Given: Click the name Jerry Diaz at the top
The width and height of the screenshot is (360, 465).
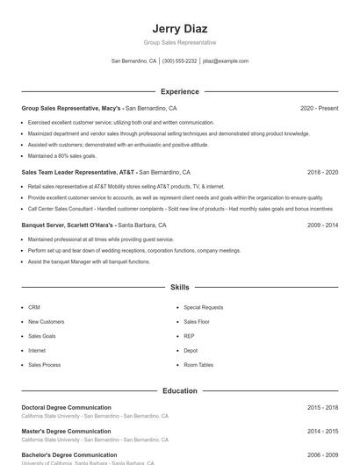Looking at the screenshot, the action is click(179, 28).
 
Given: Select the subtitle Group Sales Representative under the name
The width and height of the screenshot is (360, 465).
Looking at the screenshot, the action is click(179, 42).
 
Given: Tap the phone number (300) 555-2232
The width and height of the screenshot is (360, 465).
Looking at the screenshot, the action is click(179, 61).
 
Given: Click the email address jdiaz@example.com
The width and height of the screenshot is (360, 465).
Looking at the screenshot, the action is click(226, 61).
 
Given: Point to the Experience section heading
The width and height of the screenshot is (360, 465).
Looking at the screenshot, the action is click(179, 91).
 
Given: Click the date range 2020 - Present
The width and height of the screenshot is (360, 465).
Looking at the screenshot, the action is click(319, 108).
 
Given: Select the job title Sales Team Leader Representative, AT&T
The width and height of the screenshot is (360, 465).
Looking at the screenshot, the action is click(79, 172).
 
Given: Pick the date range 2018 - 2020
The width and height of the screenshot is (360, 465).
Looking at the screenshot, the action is click(322, 172).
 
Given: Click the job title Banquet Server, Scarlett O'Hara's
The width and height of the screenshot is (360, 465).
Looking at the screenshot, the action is click(68, 225).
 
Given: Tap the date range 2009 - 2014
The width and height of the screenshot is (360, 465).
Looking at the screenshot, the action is click(322, 225).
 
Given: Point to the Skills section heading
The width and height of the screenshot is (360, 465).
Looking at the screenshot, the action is click(179, 287).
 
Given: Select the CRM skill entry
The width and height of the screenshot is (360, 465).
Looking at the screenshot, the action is click(34, 307).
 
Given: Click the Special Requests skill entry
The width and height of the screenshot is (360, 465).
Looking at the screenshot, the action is click(203, 307).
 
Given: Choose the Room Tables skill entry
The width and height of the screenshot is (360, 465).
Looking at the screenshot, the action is click(198, 364).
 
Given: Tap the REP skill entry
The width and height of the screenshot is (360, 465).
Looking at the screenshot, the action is click(189, 336).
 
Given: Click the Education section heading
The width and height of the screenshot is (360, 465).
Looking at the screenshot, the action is click(179, 390).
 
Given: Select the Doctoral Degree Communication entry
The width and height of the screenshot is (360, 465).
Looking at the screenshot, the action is click(66, 407).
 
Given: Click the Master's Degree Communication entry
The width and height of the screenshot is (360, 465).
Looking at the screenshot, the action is click(66, 431).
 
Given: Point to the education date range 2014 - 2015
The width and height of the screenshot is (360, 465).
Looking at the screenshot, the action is click(322, 431).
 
